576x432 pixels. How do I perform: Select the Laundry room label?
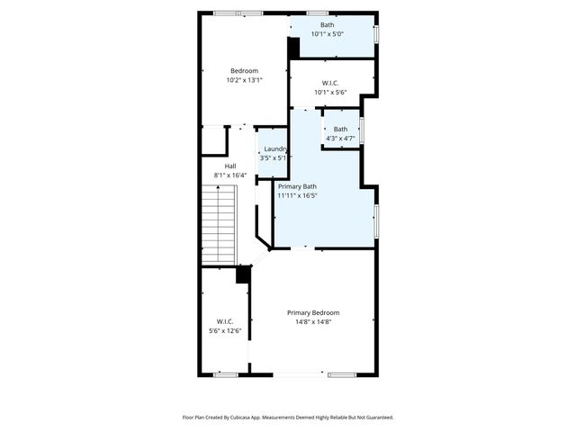pyautogui.click(x=275, y=148)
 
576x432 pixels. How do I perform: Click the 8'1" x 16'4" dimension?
pyautogui.click(x=229, y=175)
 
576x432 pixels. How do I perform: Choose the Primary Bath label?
pyautogui.click(x=296, y=186)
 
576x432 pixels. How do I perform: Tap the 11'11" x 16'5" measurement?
pyautogui.click(x=298, y=195)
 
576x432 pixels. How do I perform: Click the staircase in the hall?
pyautogui.click(x=217, y=223)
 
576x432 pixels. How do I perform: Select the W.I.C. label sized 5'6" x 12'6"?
pyautogui.click(x=225, y=321)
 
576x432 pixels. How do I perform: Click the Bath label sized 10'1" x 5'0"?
pyautogui.click(x=327, y=24)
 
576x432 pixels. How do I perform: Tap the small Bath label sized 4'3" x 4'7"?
pyautogui.click(x=340, y=129)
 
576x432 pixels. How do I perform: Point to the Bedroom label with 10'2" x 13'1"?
pyautogui.click(x=244, y=71)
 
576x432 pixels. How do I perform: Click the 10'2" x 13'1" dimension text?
pyautogui.click(x=244, y=80)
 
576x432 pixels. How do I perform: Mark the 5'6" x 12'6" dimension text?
pyautogui.click(x=225, y=330)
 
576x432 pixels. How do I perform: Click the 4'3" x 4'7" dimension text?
pyautogui.click(x=340, y=138)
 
